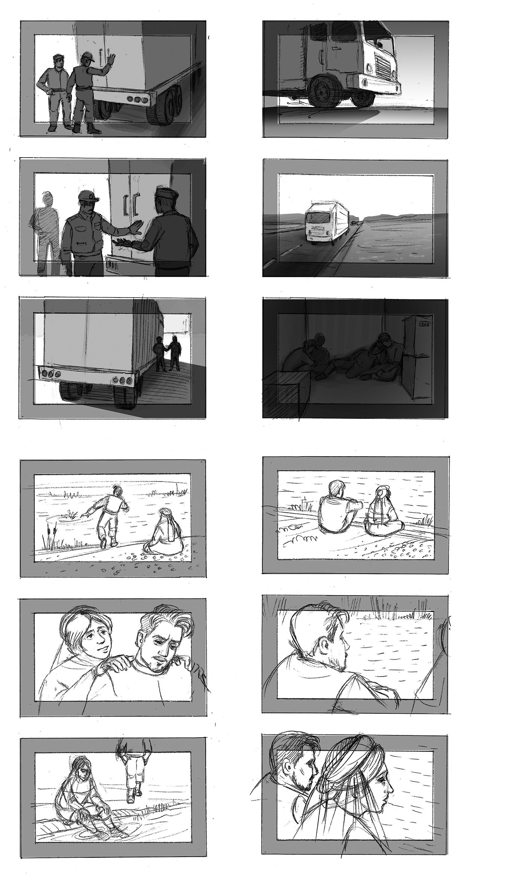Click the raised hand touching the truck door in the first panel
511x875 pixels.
[x=111, y=59]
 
